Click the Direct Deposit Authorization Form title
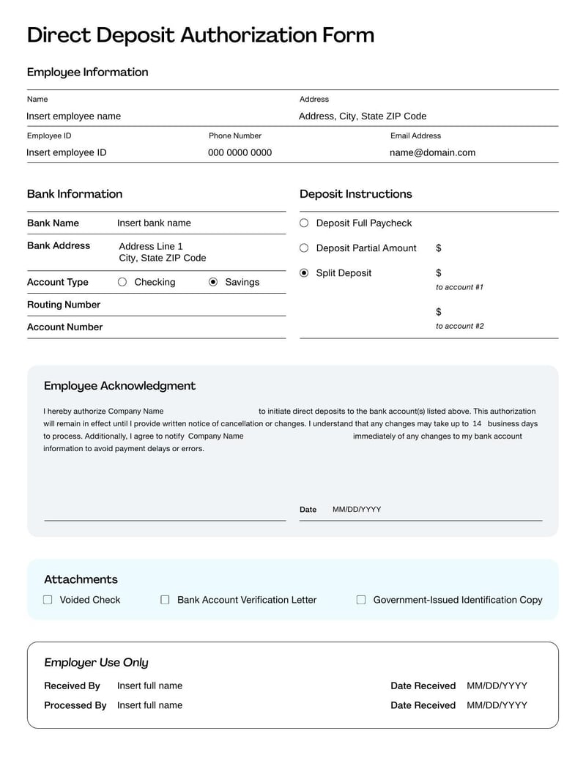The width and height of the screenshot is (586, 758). [x=200, y=35]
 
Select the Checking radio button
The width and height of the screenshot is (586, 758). [x=122, y=282]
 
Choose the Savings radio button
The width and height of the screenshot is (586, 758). [x=213, y=282]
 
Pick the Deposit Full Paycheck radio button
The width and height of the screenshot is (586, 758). [x=304, y=223]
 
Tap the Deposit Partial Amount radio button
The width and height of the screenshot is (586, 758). [x=304, y=248]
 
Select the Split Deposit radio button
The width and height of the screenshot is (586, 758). [x=304, y=273]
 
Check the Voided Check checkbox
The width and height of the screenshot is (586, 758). [x=48, y=600]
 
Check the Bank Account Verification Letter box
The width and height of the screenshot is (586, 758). [x=165, y=600]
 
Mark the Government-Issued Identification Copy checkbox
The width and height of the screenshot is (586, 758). [x=361, y=600]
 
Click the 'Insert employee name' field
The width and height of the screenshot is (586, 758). [x=74, y=116]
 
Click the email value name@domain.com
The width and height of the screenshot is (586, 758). [x=432, y=153]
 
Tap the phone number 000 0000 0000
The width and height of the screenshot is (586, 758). [x=240, y=153]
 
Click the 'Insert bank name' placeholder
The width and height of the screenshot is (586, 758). [x=154, y=223]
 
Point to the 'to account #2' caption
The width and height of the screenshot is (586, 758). [x=459, y=326]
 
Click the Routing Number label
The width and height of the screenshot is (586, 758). [x=64, y=305]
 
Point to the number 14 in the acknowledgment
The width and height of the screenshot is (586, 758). [x=477, y=424]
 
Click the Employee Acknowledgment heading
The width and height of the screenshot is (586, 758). [x=119, y=386]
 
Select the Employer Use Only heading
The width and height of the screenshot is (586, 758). [x=96, y=663]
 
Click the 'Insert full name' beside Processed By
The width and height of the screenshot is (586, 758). [x=149, y=705]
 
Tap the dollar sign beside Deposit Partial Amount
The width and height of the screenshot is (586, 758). [x=439, y=248]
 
